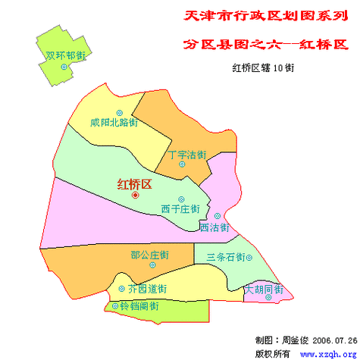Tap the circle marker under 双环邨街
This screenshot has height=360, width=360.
coord(64,67)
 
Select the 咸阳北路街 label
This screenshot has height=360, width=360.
coord(114,121)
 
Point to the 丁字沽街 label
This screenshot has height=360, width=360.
coord(186,155)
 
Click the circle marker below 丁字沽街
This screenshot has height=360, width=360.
coord(181,164)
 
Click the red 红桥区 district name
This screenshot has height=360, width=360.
coord(135,183)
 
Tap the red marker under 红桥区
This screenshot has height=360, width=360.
coord(136,195)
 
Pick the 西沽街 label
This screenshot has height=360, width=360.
coord(214,227)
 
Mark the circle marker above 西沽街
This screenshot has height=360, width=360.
coord(218,216)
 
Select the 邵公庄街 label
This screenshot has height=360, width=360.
coord(149,255)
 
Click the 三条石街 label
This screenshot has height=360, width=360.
coord(226,258)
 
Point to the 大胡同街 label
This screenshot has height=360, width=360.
coord(264,290)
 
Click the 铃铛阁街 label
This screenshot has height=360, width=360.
coord(139,306)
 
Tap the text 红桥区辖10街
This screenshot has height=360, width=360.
coord(263,67)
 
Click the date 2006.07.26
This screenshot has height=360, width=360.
coord(334,340)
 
